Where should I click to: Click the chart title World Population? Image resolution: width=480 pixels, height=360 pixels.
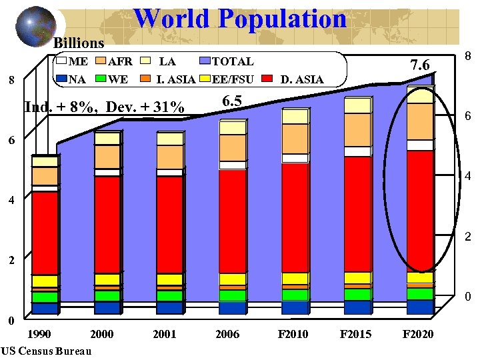[x=240, y=19]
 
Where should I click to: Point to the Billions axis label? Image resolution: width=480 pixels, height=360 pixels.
[x=79, y=43]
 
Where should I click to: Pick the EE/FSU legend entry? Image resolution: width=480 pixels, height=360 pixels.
[x=225, y=80]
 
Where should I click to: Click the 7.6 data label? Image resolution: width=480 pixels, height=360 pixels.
[x=421, y=65]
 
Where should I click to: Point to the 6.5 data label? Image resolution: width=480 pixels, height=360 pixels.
[x=232, y=101]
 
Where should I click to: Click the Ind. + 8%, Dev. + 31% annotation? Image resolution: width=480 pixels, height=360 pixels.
[x=104, y=107]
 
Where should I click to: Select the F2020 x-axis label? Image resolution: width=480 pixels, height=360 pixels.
[x=418, y=334]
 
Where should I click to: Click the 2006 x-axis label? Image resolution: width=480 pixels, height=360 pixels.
[x=228, y=334]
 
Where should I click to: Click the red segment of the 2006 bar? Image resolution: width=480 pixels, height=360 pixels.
[x=232, y=220]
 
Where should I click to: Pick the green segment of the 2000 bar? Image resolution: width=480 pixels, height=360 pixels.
[x=107, y=295]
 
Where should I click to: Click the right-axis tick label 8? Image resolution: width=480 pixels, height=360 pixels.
[x=468, y=59]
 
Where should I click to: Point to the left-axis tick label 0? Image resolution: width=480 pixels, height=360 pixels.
[x=10, y=321]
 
